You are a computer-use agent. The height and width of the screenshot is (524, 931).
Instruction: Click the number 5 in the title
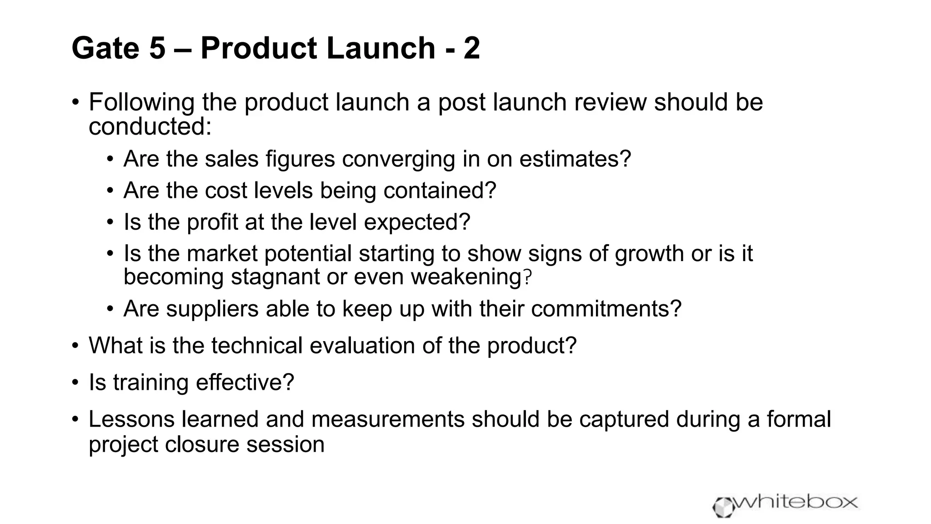[157, 48]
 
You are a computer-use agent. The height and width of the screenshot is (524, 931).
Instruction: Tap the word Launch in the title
[381, 48]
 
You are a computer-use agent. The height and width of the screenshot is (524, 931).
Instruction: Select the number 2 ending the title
[472, 48]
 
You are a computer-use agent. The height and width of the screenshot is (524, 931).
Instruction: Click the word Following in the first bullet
[141, 102]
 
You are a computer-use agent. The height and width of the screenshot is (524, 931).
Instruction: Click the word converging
[398, 159]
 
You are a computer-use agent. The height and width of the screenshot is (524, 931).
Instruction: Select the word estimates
[575, 159]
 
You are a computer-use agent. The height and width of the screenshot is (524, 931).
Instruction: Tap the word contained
[439, 191]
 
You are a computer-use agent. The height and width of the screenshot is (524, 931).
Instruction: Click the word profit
[212, 222]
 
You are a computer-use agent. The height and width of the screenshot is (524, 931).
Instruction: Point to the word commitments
[606, 309]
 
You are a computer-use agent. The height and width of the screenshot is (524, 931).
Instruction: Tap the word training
[150, 383]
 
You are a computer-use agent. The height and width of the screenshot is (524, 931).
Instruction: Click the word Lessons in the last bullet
[131, 419]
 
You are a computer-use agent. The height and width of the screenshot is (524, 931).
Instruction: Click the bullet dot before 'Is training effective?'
[75, 383]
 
